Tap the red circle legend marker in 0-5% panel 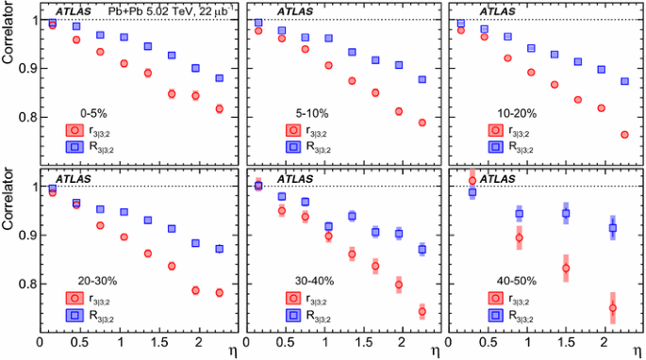pyautogui.click(x=74, y=130)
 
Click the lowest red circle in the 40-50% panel pyautogui.click(x=613, y=307)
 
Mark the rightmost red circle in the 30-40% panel pyautogui.click(x=422, y=311)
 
